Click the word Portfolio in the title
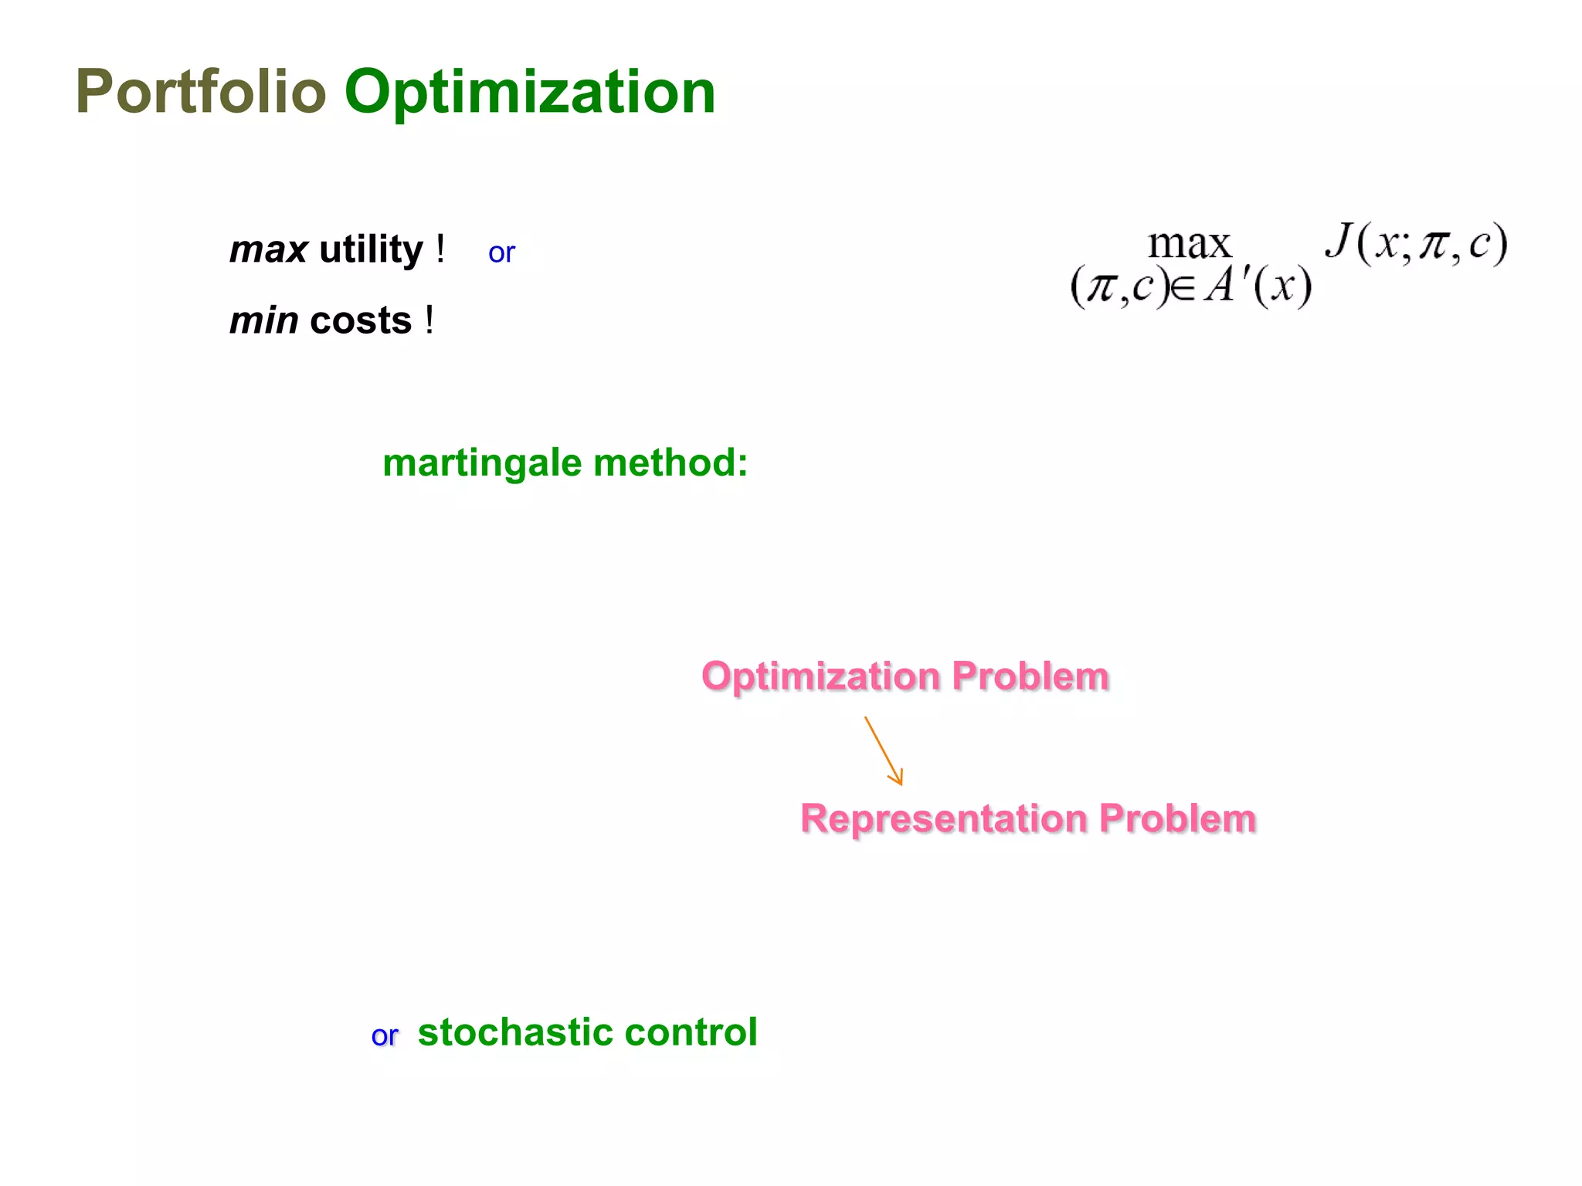coord(201,93)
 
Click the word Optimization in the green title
coord(530,93)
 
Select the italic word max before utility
coord(268,250)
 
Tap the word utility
coord(371,250)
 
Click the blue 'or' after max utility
coord(501,253)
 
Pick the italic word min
coord(263,321)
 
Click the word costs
coord(360,321)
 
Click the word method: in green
coord(670,463)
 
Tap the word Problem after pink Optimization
coord(1030,677)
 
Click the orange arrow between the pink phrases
coord(884,751)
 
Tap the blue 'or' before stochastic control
coord(384,1036)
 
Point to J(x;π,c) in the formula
coord(1416,244)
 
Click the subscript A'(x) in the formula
coord(1258,287)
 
